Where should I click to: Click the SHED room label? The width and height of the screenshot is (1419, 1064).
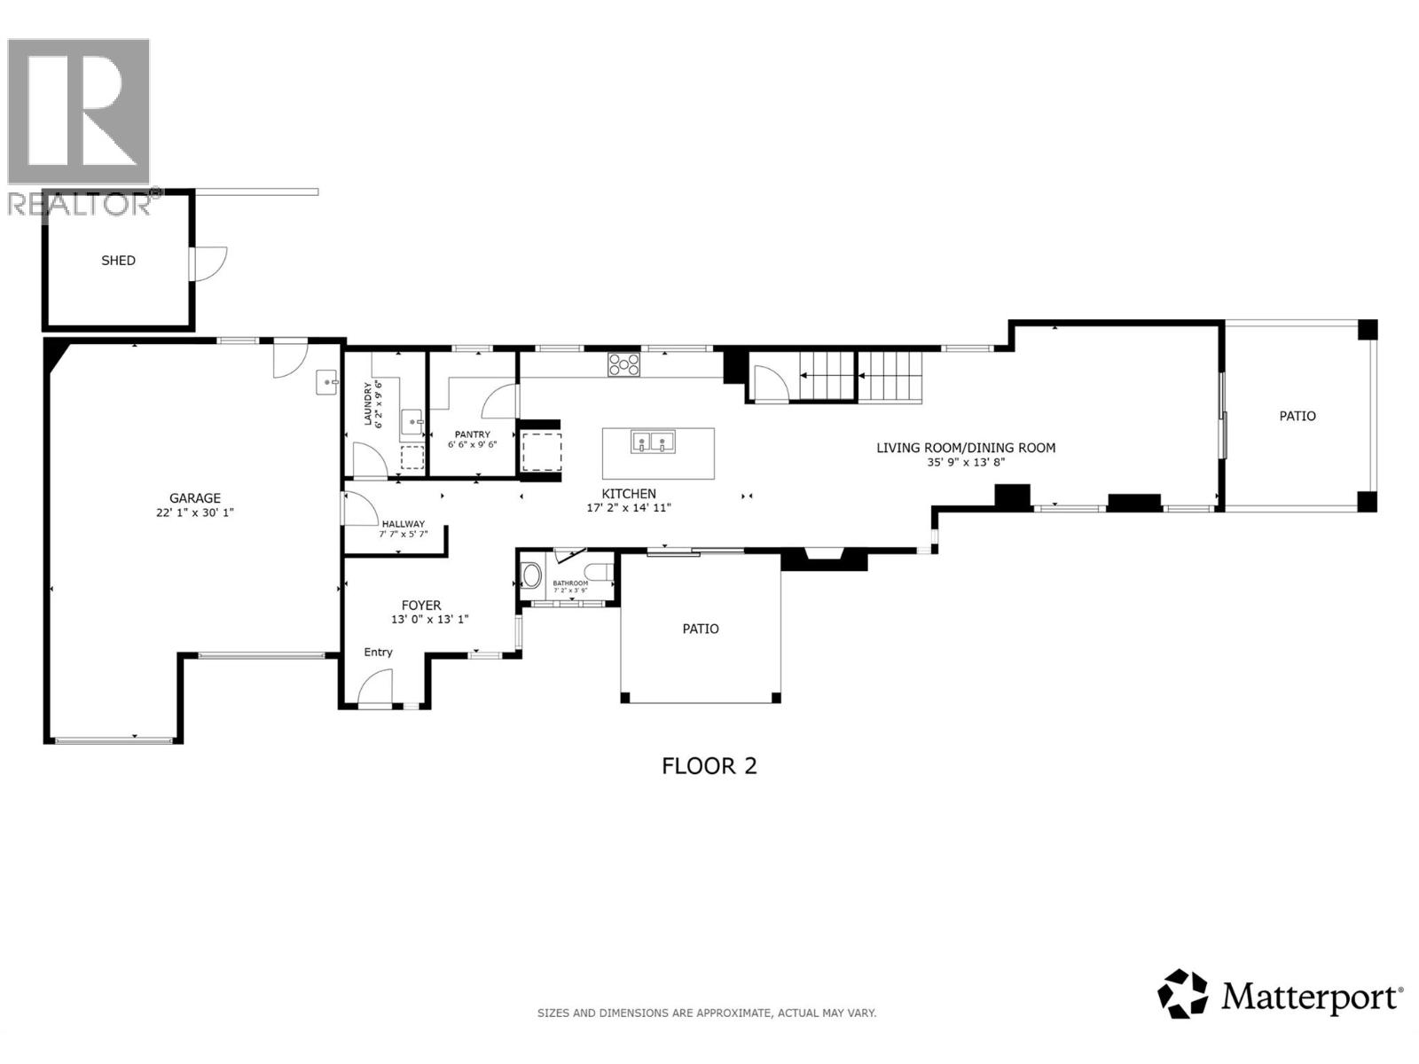point(118,261)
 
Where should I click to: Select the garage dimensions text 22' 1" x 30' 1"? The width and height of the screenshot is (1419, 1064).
point(195,512)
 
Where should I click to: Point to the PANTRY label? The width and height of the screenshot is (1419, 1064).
point(472,434)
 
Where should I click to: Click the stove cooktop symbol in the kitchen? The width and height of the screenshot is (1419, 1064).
point(623,364)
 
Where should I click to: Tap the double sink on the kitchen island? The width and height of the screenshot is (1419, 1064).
point(653,441)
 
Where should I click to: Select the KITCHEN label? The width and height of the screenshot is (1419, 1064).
point(629,494)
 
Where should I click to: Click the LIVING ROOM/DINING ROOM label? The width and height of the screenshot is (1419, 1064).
point(966,448)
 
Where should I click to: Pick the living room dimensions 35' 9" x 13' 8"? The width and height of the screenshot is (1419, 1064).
point(966,462)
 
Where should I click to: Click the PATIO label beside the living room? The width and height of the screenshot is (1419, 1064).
point(1297,416)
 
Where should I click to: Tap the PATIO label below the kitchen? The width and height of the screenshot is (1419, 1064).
point(700,629)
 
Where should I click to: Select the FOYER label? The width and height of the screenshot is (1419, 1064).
point(421,606)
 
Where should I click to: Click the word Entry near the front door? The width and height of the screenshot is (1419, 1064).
point(378,652)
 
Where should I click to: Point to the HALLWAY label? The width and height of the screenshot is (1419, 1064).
point(403,524)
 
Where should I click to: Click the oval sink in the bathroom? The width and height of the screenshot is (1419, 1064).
point(532,575)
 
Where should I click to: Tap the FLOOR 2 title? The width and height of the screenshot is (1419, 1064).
point(709,766)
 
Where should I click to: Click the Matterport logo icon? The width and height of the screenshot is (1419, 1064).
point(1182,994)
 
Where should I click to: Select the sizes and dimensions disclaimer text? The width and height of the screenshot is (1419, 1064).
point(707,1013)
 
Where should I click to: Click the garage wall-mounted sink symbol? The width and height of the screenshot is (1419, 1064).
point(327,382)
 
